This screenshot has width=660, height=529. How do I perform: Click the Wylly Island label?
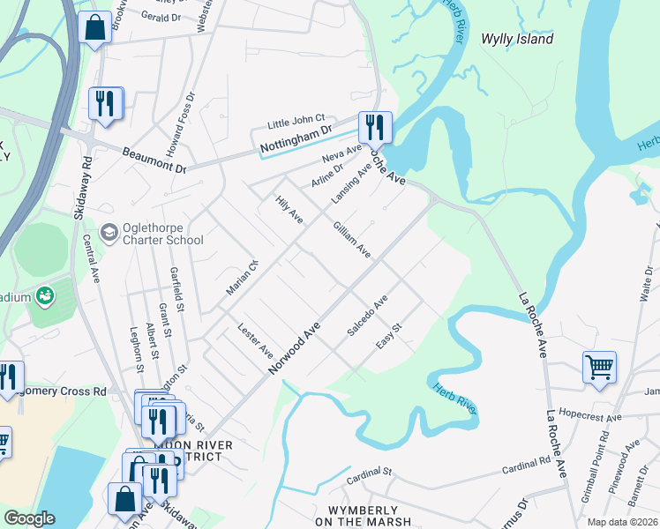click(x=517, y=39)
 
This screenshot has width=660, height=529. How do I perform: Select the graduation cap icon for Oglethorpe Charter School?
click(x=109, y=232)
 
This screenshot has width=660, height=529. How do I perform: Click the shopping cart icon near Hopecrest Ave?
click(x=599, y=368)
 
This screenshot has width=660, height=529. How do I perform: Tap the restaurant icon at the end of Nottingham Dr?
click(x=375, y=128)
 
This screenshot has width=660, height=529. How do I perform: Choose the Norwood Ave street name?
click(x=294, y=346)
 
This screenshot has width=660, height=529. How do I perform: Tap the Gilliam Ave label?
click(x=351, y=239)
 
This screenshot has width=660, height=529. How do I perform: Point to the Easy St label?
click(x=389, y=335)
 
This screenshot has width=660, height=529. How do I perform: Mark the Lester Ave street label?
click(x=256, y=341)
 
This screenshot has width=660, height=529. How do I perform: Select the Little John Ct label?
click(x=296, y=123)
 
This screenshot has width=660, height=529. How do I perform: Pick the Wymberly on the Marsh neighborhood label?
click(x=370, y=517)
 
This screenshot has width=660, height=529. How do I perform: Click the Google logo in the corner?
click(x=29, y=518)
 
